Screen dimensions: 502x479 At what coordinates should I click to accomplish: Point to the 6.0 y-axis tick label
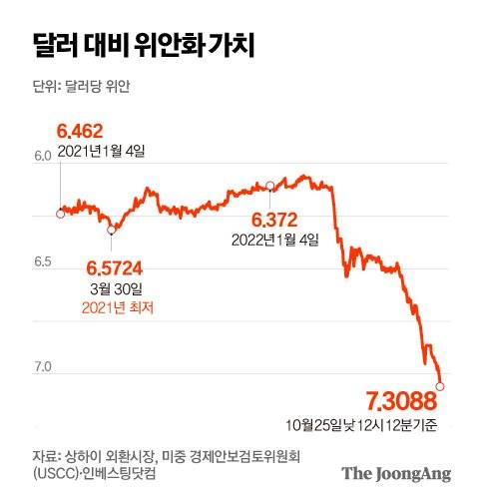41,156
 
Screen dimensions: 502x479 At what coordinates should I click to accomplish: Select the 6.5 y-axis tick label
41,261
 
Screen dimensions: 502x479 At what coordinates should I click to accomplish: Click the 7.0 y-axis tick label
41,367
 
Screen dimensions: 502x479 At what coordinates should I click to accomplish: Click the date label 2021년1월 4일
102,151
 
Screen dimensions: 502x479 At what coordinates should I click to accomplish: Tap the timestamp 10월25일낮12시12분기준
382,426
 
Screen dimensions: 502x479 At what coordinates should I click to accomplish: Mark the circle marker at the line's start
61,213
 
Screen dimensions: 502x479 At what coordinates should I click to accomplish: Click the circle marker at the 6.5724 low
112,230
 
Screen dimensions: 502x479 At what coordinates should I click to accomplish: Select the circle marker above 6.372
270,186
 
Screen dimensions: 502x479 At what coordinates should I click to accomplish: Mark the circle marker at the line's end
440,385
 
